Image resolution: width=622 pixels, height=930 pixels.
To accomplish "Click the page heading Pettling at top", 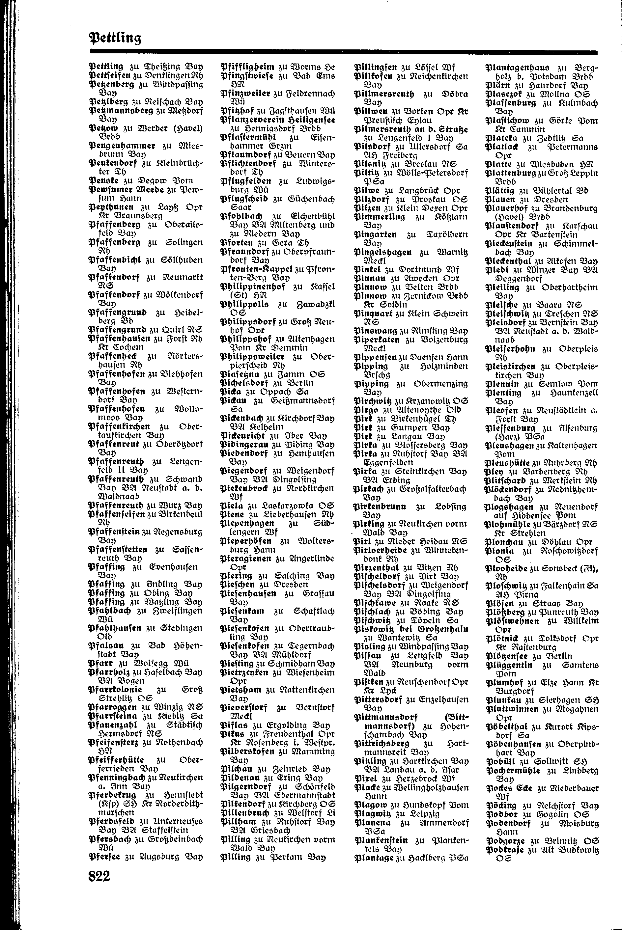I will click(x=115, y=38).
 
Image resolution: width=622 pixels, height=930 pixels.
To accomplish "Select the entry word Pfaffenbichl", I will click(x=115, y=260).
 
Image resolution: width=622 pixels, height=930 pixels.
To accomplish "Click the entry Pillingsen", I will click(x=375, y=67).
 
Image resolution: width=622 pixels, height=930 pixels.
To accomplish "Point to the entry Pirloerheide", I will click(x=381, y=550).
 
